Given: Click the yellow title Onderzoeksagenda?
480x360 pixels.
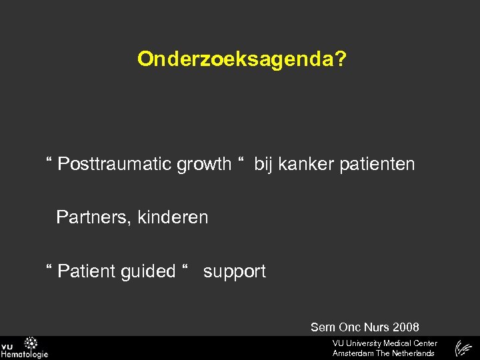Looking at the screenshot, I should pyautogui.click(x=241, y=59).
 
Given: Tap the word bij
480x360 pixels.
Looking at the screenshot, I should pyautogui.click(x=263, y=164).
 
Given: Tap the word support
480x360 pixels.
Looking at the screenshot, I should pyautogui.click(x=235, y=271).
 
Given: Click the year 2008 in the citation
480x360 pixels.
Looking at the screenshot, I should pyautogui.click(x=406, y=327).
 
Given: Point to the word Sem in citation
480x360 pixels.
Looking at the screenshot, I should pyautogui.click(x=323, y=327).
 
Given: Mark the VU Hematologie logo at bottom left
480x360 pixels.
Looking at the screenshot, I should pyautogui.click(x=24, y=348).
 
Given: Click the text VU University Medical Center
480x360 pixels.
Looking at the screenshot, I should pyautogui.click(x=385, y=343).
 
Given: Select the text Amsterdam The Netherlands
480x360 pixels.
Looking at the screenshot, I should pyautogui.click(x=383, y=353).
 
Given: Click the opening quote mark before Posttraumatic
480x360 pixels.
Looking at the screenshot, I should pyautogui.click(x=49, y=161).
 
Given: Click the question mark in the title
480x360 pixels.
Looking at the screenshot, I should pyautogui.click(x=341, y=59).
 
